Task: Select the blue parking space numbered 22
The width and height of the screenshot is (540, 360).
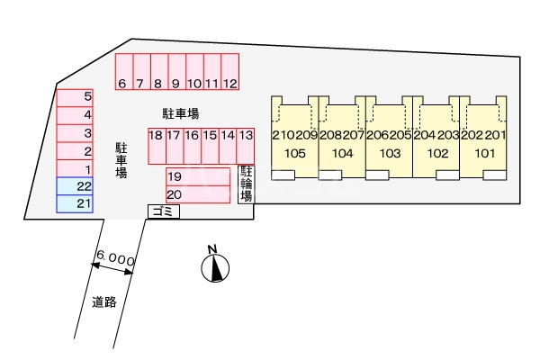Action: (x=83, y=186)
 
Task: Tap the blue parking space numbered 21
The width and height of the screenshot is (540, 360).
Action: (x=83, y=203)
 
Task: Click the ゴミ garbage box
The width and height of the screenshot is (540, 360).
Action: (x=164, y=211)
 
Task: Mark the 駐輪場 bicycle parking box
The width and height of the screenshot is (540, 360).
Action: (x=246, y=184)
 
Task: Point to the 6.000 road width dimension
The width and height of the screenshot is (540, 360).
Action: (x=116, y=259)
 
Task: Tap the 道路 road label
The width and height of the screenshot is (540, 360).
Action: (x=104, y=302)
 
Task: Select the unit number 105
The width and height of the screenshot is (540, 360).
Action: (x=295, y=153)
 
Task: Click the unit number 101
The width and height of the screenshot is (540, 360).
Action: (x=484, y=153)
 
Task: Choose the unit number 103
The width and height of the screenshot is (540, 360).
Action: (x=390, y=153)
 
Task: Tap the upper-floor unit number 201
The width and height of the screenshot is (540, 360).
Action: (x=496, y=135)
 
